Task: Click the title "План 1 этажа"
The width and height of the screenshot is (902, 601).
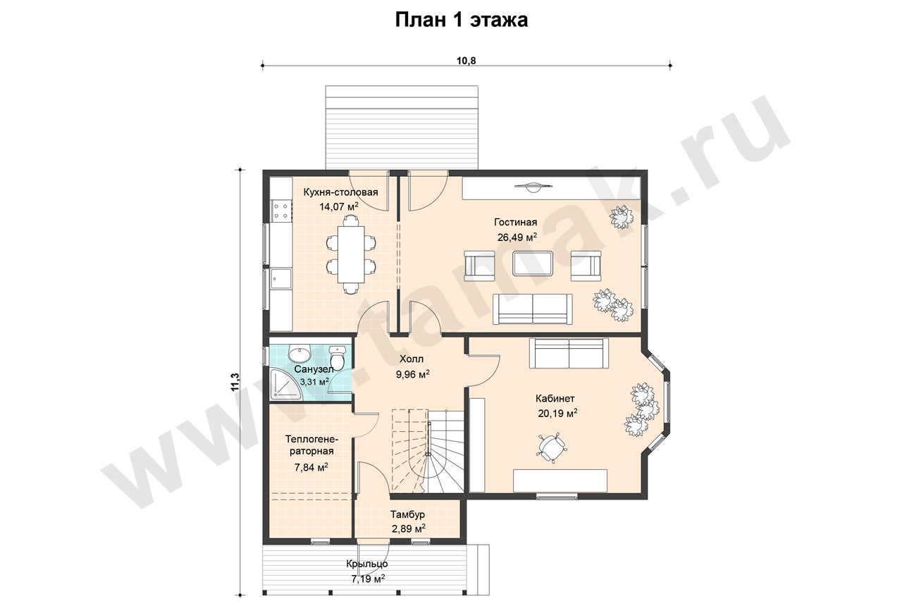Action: coord(461,20)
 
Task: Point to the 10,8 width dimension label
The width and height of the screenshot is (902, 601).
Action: coord(467,61)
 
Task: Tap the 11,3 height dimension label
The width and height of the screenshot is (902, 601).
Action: coord(235,382)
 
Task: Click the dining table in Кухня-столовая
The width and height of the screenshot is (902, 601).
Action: coord(351,254)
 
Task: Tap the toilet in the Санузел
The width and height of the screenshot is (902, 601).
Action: coord(337,357)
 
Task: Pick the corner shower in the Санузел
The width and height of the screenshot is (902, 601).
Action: coord(287,385)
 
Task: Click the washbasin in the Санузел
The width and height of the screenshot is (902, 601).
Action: coord(299,354)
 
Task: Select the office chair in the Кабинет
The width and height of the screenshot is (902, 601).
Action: coord(551,447)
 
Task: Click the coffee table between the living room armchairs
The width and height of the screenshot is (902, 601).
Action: coord(532,264)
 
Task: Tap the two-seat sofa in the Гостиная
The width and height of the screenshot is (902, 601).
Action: coord(532,309)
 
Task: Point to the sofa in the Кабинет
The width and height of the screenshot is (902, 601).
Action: coord(569,353)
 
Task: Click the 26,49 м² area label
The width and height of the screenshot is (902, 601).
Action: coord(517,237)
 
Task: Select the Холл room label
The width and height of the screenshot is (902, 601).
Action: coord(411,359)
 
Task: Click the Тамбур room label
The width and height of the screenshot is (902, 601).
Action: coord(407,514)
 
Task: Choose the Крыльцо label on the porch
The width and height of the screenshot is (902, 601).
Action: coord(367,564)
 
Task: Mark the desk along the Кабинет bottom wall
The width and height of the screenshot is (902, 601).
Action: coord(560,481)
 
